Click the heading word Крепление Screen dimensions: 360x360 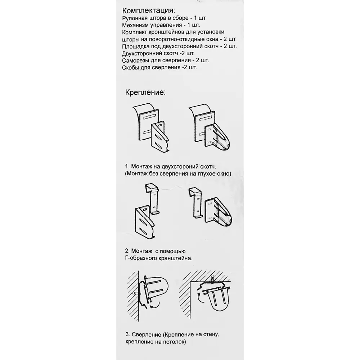[145, 92]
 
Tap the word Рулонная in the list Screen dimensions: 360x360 [135, 18]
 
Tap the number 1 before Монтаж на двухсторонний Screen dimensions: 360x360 [127, 167]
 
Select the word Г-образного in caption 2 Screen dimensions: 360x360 [139, 258]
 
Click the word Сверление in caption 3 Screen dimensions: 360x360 [147, 334]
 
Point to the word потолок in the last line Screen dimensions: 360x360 [173, 341]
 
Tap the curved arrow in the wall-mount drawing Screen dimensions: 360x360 [157, 305]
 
